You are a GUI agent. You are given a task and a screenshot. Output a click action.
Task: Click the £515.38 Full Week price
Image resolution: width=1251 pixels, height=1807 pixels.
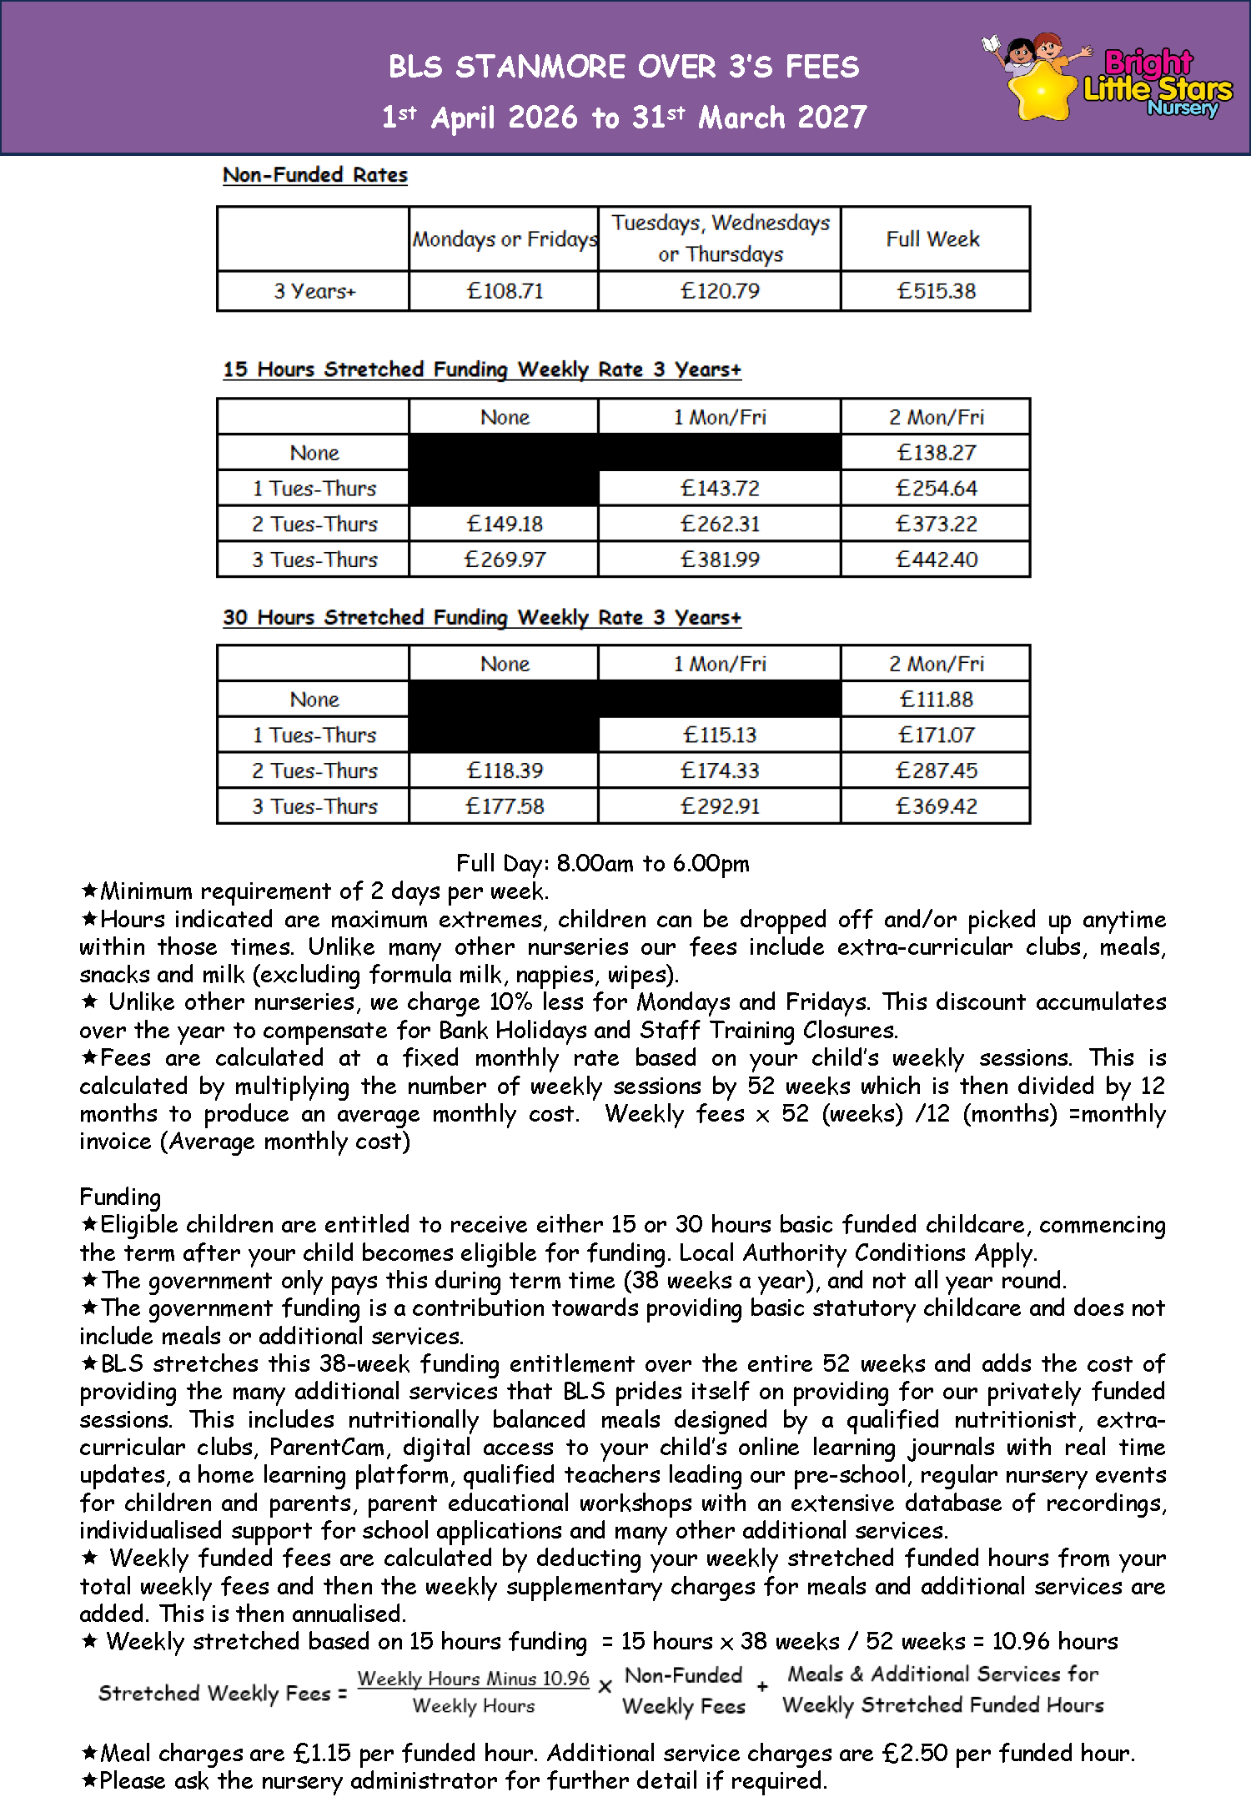point(936,291)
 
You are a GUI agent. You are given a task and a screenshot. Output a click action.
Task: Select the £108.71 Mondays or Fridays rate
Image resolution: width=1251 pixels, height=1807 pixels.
point(505,291)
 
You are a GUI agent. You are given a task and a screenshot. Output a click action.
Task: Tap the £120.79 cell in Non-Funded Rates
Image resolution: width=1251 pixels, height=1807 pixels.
point(720,291)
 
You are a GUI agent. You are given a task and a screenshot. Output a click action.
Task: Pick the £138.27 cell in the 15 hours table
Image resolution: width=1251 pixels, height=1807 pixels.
point(936,453)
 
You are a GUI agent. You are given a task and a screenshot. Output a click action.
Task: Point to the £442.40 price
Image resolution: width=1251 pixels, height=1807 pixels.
point(936,560)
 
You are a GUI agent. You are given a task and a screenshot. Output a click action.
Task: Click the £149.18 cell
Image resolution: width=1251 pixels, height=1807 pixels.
point(505,524)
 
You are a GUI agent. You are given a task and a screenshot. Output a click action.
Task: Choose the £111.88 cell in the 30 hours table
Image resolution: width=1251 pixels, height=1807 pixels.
point(936,700)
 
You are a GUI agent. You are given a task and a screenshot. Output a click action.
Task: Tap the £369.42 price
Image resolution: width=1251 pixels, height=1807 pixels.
point(936,806)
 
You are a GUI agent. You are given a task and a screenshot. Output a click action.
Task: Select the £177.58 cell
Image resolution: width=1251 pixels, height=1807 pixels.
point(505,806)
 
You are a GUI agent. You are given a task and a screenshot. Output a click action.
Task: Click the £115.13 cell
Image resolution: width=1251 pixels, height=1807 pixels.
point(720,735)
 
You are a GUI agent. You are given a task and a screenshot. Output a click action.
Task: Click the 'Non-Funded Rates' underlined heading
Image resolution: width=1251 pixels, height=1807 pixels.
point(315,175)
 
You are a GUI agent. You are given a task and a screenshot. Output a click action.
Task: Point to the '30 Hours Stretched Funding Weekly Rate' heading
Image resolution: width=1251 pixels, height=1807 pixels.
point(481,618)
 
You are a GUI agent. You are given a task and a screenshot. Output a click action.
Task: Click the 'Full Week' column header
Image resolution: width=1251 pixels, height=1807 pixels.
point(932,239)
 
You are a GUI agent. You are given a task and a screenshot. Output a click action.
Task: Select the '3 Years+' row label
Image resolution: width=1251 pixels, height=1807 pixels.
point(314,291)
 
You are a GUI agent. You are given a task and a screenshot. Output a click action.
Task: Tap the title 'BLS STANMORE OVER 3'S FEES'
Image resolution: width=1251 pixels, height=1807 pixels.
point(624,67)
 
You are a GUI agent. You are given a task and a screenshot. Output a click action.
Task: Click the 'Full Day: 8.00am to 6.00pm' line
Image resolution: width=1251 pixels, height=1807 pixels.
point(602,863)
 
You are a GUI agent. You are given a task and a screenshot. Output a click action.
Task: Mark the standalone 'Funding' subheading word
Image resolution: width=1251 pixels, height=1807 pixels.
point(120,1197)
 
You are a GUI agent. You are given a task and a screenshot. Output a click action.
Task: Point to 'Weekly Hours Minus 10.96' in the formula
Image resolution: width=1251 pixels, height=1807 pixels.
point(473,1679)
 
